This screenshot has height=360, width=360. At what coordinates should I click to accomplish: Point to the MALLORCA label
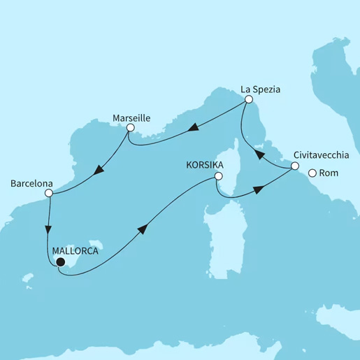coord(76,248)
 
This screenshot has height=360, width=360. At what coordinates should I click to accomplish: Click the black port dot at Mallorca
coord(60,263)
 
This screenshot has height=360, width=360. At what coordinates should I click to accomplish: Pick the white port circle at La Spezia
coord(247,101)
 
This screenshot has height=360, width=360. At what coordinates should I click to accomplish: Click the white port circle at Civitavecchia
coord(295,166)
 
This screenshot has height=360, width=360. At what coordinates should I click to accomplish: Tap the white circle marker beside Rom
coord(312,174)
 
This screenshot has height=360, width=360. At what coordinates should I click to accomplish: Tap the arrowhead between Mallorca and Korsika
coord(143,229)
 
